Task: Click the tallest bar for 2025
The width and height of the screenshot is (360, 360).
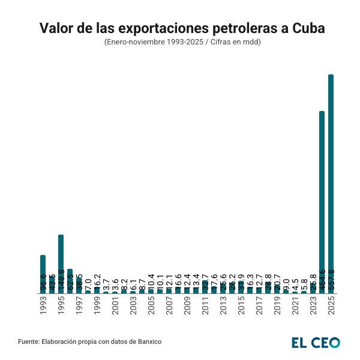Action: click(x=331, y=180)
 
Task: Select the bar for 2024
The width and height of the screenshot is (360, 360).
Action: click(x=322, y=198)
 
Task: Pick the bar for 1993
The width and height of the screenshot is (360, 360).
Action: click(x=43, y=273)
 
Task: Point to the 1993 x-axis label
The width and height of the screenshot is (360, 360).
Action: click(x=43, y=306)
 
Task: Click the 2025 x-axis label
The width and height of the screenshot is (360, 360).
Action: click(x=331, y=306)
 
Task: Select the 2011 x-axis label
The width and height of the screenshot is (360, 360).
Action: click(x=205, y=306)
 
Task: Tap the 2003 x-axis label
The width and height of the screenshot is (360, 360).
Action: click(x=133, y=306)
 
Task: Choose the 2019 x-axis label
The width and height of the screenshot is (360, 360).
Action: click(x=277, y=306)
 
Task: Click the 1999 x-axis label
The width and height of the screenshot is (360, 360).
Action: click(x=97, y=306)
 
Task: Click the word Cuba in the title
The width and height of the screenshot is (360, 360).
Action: click(x=306, y=28)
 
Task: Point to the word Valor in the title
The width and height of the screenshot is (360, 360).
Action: click(x=56, y=28)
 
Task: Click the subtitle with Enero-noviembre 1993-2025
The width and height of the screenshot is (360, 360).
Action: click(x=179, y=43)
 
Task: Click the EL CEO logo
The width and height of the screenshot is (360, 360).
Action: click(x=315, y=342)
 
